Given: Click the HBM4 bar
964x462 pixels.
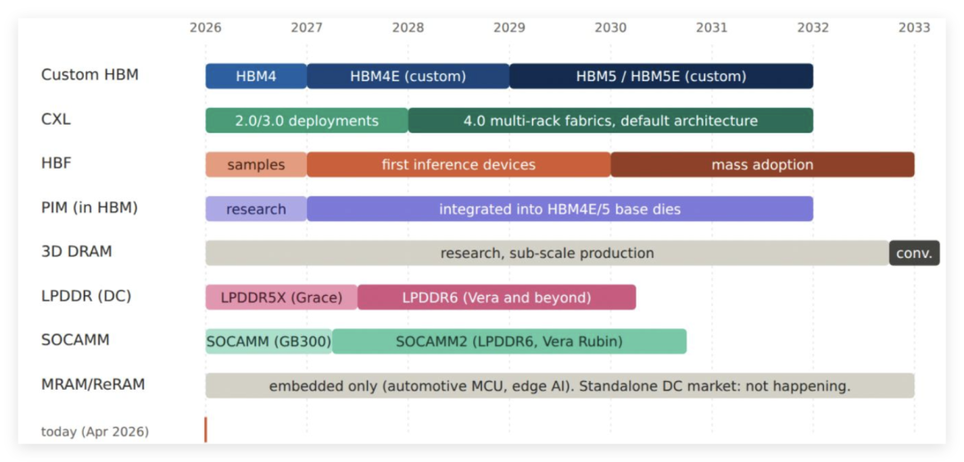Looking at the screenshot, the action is pos(256,76).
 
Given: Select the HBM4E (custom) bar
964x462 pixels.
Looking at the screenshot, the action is pos(408,76).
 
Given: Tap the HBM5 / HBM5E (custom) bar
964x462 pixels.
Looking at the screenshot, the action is pos(661,76).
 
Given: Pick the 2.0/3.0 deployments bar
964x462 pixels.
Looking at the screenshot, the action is pos(307,120).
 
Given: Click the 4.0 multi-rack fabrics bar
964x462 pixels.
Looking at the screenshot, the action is pos(611,120).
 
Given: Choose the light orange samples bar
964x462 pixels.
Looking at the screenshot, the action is pos(256,165).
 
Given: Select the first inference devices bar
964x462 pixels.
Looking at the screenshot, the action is pos(459,165).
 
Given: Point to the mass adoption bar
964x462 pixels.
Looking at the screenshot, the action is pos(762,165).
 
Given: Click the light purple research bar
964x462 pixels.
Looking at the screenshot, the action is pos(256,209).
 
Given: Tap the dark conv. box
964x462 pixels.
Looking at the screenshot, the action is pos(915,253).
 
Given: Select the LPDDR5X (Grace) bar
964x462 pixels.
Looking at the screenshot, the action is pos(281,297).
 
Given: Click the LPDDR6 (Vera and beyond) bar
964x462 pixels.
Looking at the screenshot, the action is pos(497,297).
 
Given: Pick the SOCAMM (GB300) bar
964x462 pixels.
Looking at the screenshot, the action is pos(269,342).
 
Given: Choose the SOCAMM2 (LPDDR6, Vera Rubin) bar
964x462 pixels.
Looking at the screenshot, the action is pos(509,342).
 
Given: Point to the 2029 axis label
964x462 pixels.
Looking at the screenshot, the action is pos(509,28).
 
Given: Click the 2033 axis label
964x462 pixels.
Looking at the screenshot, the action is pos(914,28).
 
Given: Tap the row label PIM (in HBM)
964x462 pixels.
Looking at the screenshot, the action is pos(90,209).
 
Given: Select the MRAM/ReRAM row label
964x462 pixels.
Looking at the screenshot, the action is pos(94,385).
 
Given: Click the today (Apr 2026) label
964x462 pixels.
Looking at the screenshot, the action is pos(96,432).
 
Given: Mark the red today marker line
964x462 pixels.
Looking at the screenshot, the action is pos(206,429).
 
